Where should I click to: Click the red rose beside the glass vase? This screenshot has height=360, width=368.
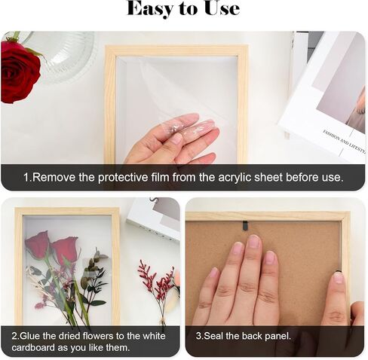20,71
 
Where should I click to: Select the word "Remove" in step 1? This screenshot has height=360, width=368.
54,177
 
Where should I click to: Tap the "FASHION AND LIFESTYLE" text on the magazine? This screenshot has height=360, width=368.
344,142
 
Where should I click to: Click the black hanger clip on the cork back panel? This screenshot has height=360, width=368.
245,225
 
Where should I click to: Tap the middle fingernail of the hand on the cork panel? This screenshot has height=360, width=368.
254,241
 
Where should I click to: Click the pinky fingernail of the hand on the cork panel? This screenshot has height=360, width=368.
214,272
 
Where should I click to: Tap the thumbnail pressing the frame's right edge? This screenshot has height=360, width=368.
338,278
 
